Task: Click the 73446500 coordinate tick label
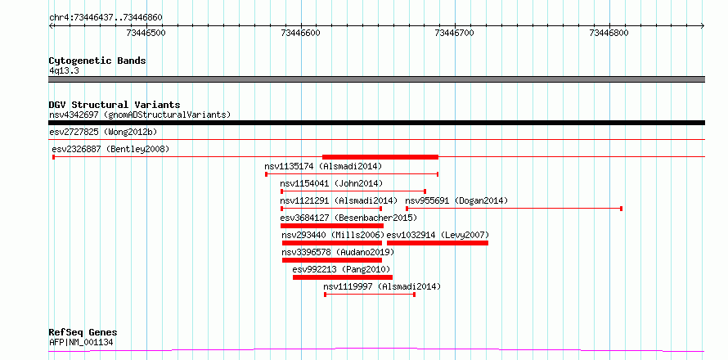coord(146,33)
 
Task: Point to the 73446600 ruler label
coord(301,33)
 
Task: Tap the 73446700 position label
coord(454,33)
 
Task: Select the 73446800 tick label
coord(609,33)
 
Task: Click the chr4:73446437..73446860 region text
coord(106,18)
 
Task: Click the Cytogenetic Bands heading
coord(97,61)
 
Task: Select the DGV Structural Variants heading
coord(115,105)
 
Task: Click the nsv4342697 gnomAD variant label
coord(140,115)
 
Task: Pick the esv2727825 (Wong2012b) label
coord(103,132)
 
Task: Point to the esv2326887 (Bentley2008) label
coord(110,149)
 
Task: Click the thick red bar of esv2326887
coord(380,156)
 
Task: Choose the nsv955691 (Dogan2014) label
coord(457,200)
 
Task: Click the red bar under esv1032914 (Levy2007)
coord(438,243)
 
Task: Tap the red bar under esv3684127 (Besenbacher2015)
coord(332,226)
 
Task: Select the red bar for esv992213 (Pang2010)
coord(343,277)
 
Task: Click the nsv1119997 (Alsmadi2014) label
coord(382,286)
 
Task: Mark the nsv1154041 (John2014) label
coord(331,183)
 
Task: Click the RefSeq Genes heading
coord(83,333)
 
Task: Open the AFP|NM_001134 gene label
coord(81,343)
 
